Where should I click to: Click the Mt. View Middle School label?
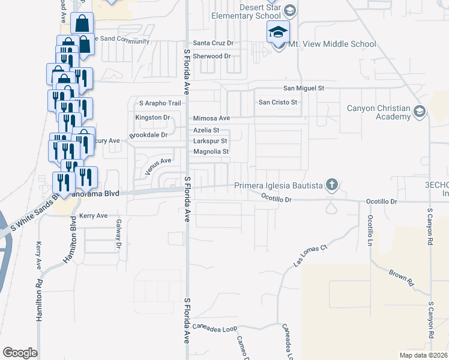[332, 44]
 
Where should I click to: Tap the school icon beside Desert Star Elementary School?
[290, 10]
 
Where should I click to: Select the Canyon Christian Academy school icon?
[419, 112]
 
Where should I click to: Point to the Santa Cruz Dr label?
[213, 43]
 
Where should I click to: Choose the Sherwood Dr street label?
[212, 56]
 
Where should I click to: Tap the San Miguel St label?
[304, 88]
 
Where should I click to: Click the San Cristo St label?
[278, 102]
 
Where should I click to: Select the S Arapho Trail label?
[160, 103]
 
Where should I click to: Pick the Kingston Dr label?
[153, 118]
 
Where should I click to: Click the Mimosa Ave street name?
[211, 119]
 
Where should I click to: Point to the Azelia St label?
[206, 130]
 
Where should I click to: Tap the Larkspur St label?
[210, 141]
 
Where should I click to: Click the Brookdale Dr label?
[148, 135]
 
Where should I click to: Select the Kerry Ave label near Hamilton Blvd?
[93, 215]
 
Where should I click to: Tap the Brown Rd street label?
[402, 277]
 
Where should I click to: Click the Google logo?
[20, 353]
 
